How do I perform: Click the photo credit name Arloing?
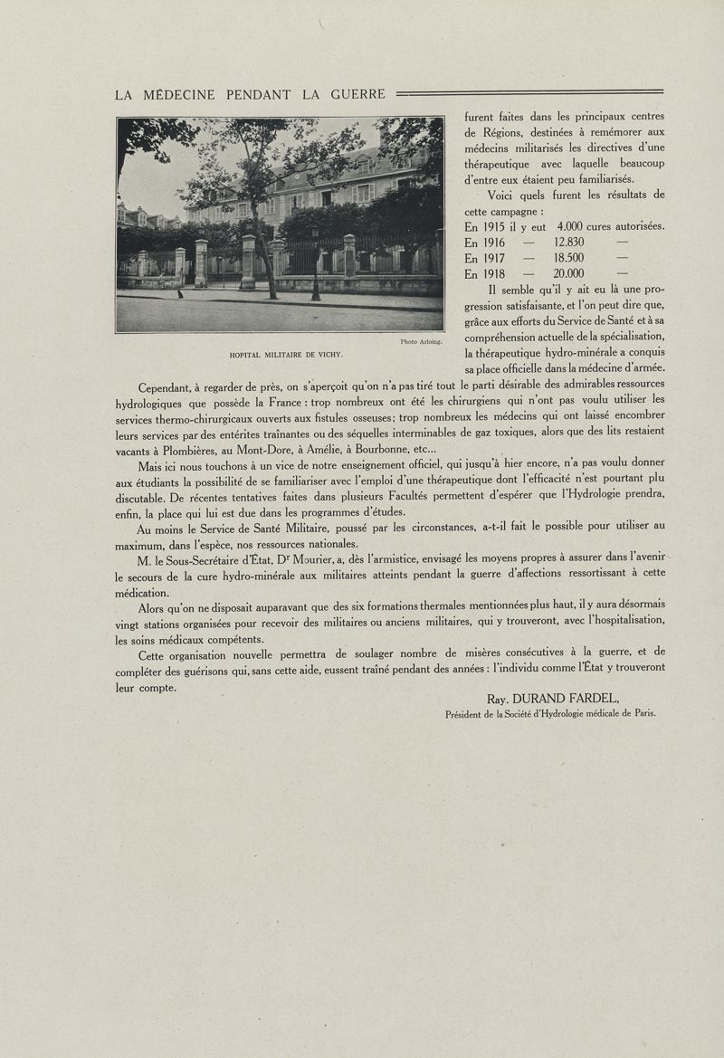click(x=429, y=341)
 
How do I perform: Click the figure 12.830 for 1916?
click(x=569, y=242)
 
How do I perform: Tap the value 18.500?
click(x=569, y=258)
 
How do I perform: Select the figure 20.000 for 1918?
click(x=569, y=274)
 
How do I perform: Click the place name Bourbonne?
click(x=373, y=450)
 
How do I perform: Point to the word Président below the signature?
click(x=468, y=713)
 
